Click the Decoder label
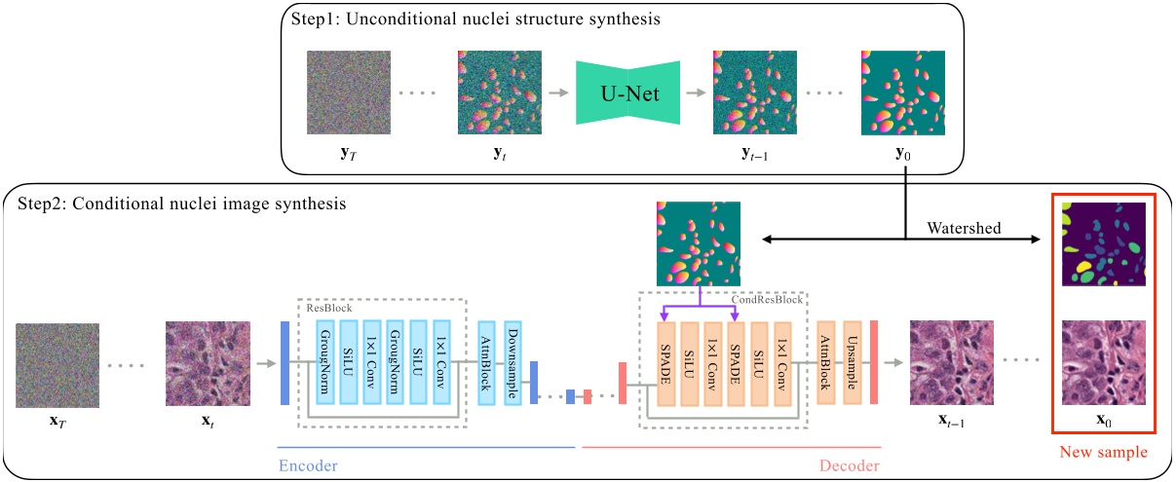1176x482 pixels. tap(846, 465)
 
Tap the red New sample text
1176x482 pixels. tap(1104, 453)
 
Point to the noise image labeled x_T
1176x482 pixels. tap(57, 364)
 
